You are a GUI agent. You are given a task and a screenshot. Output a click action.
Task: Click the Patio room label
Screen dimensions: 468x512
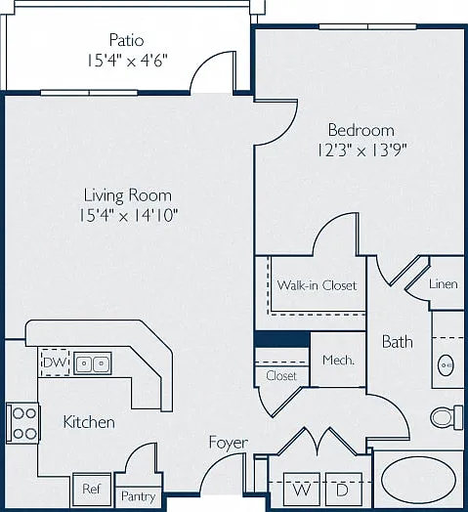[126, 40]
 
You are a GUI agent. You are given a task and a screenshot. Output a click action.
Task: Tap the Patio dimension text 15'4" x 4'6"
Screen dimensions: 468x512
[127, 61]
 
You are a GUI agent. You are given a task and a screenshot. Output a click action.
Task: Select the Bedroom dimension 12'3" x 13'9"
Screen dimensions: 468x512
[362, 150]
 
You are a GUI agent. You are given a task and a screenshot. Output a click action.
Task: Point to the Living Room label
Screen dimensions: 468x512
[128, 195]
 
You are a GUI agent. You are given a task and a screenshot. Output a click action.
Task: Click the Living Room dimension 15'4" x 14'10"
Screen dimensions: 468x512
[129, 216]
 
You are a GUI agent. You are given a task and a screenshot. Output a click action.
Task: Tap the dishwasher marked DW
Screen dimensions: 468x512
[55, 363]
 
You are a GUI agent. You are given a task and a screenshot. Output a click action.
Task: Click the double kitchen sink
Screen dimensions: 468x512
[93, 363]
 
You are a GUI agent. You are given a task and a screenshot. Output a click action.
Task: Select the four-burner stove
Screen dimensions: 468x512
[22, 423]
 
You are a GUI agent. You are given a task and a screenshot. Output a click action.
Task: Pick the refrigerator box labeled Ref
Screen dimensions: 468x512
[92, 490]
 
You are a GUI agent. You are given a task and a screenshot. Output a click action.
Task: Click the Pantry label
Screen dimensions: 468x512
[138, 496]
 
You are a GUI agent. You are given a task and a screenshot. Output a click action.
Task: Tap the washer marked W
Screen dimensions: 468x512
[302, 490]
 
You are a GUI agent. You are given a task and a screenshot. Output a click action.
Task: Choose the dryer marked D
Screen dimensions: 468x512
[344, 490]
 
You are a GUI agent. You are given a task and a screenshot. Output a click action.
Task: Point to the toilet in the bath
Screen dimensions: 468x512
[447, 416]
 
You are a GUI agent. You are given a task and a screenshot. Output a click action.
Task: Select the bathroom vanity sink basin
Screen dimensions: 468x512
[446, 365]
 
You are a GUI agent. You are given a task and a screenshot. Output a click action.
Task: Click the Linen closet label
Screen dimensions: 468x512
[444, 283]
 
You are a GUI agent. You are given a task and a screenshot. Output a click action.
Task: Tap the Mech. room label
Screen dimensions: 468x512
[338, 361]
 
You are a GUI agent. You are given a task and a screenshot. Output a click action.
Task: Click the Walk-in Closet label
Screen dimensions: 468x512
[317, 285]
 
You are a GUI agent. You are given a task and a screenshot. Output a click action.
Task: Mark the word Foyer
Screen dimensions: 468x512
[229, 443]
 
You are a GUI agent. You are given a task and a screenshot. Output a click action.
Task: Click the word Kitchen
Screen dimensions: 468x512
[89, 422]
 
